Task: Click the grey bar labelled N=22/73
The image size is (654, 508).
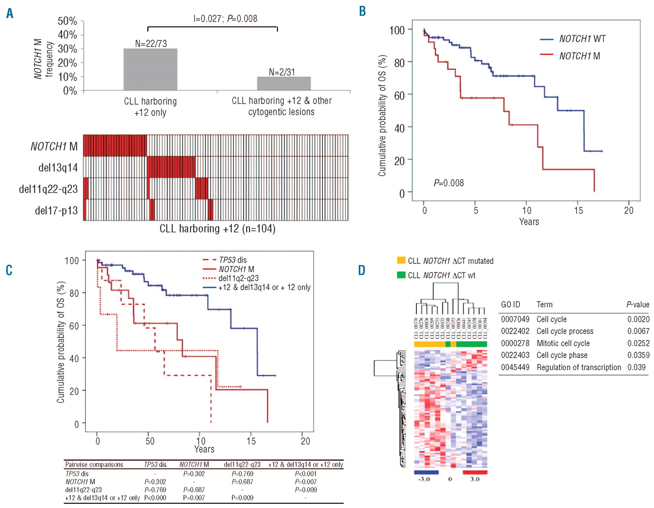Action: [x=150, y=69]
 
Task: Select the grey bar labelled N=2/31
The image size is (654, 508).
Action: [x=284, y=83]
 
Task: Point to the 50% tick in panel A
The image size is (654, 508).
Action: [x=67, y=21]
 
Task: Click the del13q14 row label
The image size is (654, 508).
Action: [x=58, y=167]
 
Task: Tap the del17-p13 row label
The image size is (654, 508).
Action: [x=56, y=210]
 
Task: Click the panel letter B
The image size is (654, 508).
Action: [x=362, y=11]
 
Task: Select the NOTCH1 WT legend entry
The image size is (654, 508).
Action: [x=582, y=39]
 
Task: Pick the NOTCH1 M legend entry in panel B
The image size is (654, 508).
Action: [x=579, y=56]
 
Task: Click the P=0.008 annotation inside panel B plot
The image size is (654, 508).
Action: [x=449, y=183]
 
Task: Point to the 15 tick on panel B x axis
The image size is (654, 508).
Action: [x=578, y=210]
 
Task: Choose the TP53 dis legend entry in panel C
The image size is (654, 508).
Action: [x=232, y=260]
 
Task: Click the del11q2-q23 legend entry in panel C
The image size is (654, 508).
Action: [x=238, y=278]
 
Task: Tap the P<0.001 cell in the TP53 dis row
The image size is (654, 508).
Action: [x=306, y=474]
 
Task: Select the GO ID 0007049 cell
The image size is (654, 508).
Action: [x=515, y=319]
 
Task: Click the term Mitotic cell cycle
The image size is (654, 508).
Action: [x=563, y=343]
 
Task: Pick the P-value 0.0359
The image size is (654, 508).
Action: [x=638, y=355]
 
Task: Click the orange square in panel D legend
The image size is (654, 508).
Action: [x=401, y=260]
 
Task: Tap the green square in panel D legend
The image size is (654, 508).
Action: [x=401, y=275]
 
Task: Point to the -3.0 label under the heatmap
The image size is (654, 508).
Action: [x=424, y=479]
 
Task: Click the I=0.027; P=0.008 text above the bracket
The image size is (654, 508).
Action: [x=225, y=19]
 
